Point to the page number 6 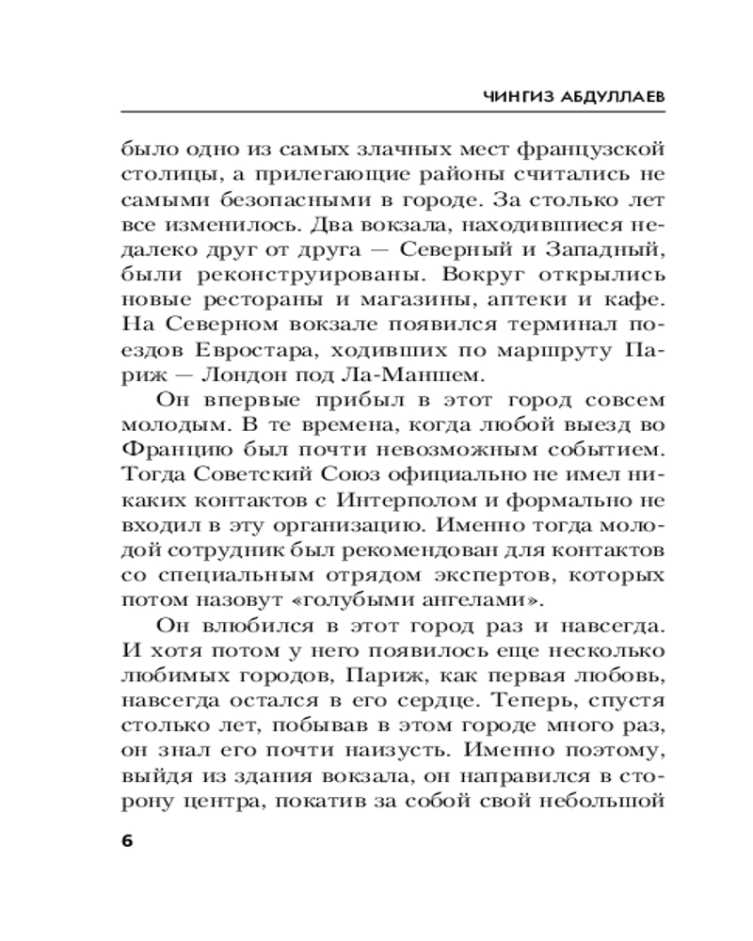point(128,839)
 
